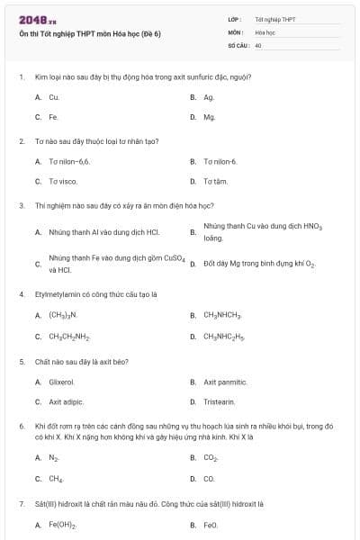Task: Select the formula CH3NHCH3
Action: click(222, 315)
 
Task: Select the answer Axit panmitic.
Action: click(225, 382)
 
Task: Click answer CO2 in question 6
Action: click(211, 457)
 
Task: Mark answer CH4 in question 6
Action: click(55, 479)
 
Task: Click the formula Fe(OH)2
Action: click(62, 524)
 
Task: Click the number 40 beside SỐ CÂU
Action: click(258, 44)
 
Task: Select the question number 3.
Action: click(22, 205)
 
